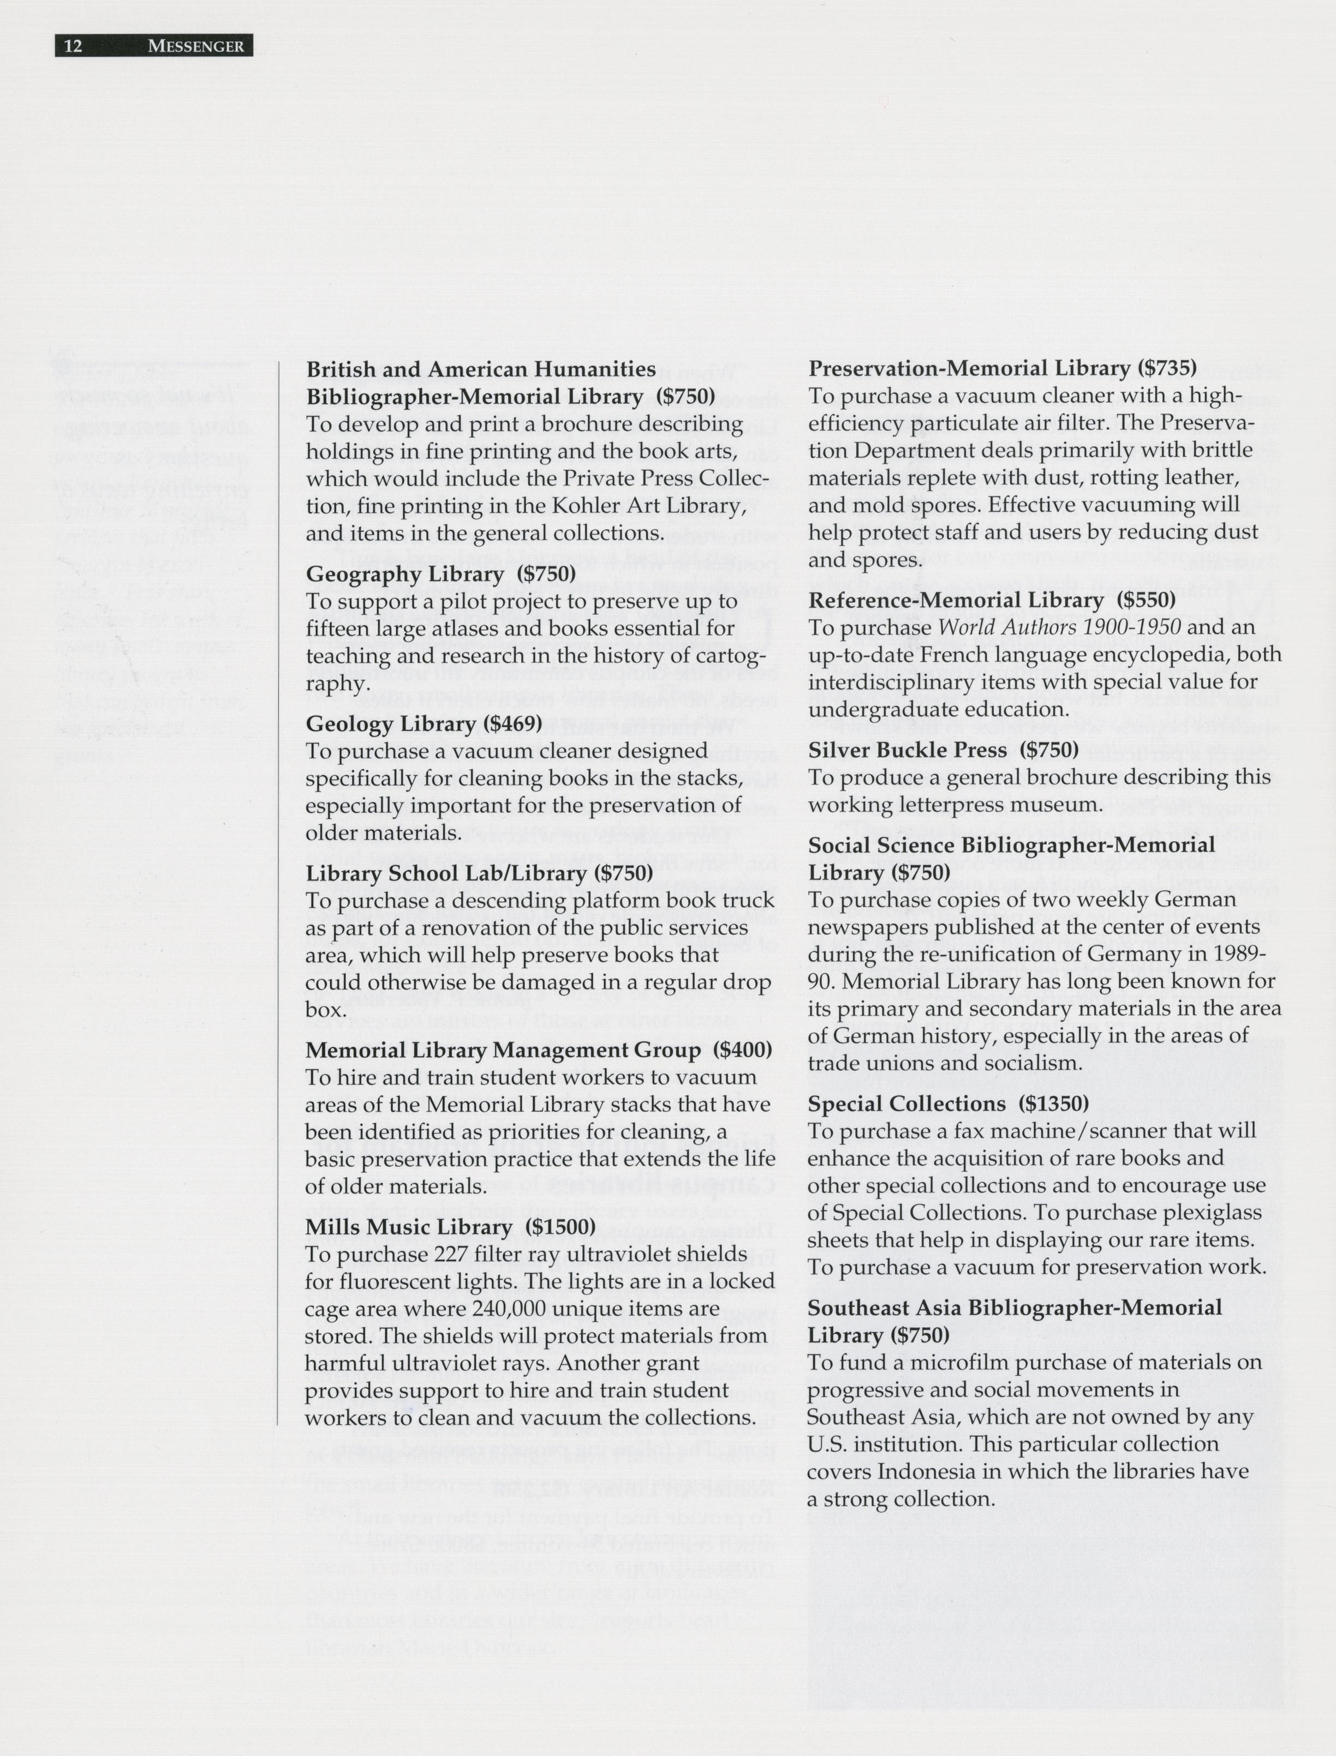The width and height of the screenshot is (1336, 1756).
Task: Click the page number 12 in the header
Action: click(73, 46)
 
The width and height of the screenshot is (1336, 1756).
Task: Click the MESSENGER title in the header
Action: click(195, 46)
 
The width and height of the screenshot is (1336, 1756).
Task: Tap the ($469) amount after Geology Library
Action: click(513, 723)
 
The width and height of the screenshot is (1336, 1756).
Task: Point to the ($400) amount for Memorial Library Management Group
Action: click(743, 1050)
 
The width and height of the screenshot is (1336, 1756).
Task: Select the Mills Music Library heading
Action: click(409, 1226)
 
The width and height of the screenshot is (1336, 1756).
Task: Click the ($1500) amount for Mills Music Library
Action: click(560, 1226)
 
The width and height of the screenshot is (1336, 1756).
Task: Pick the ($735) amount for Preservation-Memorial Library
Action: click(1167, 368)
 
